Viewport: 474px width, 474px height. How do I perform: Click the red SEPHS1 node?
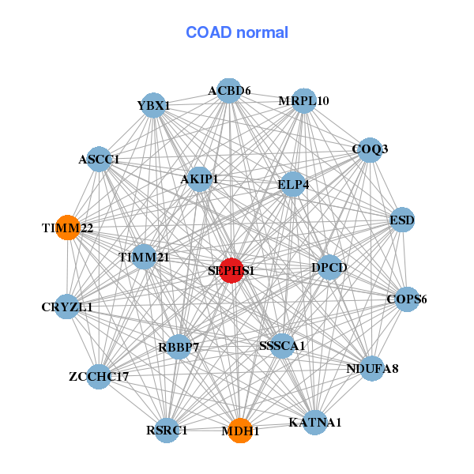click(231, 270)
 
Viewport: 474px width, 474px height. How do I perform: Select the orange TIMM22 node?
click(68, 228)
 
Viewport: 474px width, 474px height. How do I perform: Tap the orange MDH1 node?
click(240, 431)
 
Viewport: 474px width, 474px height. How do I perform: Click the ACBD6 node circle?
click(229, 91)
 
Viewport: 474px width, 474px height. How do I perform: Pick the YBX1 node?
click(153, 105)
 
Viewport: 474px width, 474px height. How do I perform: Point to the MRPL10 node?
click(304, 101)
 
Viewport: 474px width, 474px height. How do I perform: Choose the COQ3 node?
click(370, 149)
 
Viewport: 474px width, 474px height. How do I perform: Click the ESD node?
click(403, 220)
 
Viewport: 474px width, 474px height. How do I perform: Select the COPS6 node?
click(407, 299)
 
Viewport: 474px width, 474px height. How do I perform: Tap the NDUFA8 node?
click(373, 368)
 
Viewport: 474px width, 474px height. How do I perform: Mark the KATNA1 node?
click(314, 422)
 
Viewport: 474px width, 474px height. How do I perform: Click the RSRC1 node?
click(167, 430)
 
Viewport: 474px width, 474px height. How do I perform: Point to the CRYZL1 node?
click(67, 307)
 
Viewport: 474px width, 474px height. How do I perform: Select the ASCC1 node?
click(99, 159)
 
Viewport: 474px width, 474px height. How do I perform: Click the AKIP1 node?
click(199, 179)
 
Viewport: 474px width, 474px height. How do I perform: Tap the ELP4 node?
click(293, 185)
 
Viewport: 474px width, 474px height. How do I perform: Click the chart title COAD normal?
click(237, 32)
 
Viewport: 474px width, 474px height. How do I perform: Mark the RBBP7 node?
click(179, 346)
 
